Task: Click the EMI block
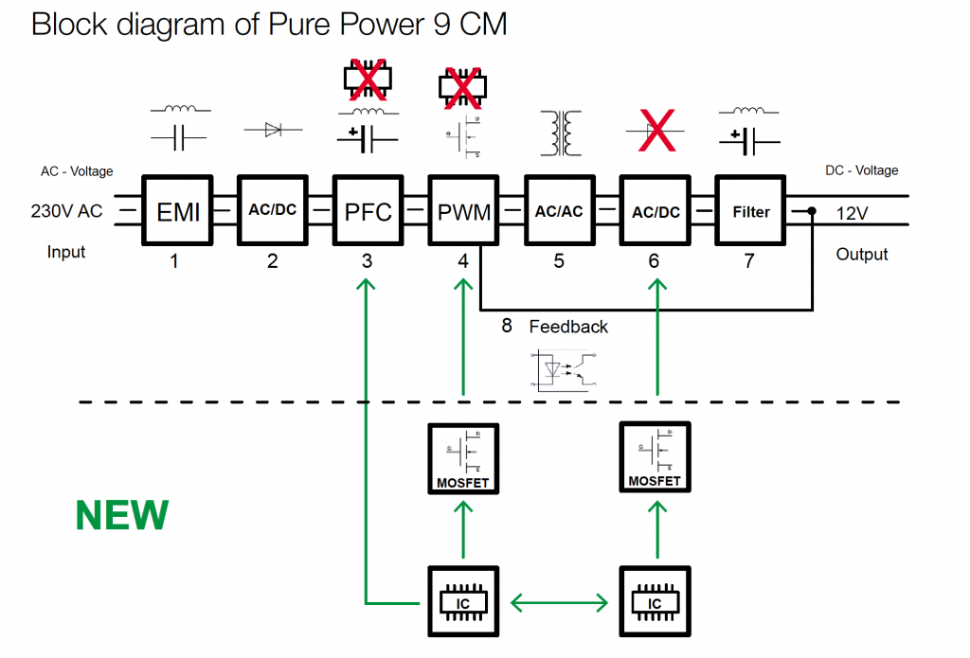tap(178, 211)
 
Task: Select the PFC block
tap(368, 211)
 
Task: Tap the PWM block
tap(463, 211)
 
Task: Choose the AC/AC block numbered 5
tap(559, 211)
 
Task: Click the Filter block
tap(750, 211)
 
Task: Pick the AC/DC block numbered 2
tap(273, 211)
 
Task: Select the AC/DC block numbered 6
tap(656, 211)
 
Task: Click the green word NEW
tap(122, 516)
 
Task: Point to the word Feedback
tap(568, 327)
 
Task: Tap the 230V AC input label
tap(66, 212)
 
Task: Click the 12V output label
tap(852, 214)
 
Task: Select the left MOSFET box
tap(463, 458)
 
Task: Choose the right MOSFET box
tap(655, 456)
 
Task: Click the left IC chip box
tap(463, 600)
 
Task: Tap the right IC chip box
tap(655, 600)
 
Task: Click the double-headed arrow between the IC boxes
tap(559, 601)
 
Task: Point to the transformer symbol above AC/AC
tap(561, 133)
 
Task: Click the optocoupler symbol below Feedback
tap(565, 369)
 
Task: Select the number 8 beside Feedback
tap(507, 326)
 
